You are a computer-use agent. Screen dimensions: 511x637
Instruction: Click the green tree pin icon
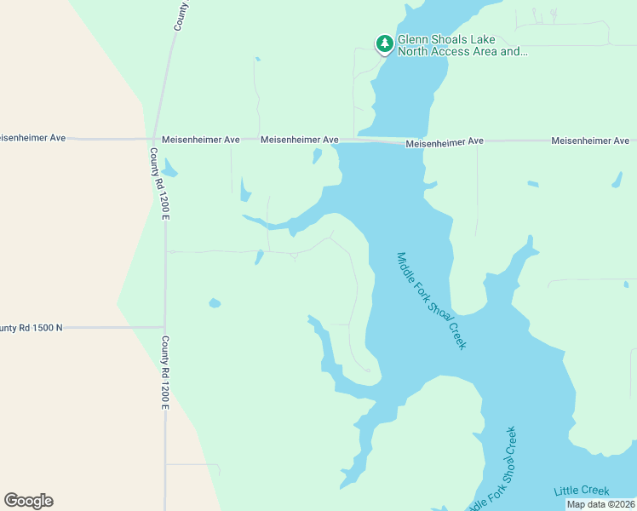click(x=384, y=43)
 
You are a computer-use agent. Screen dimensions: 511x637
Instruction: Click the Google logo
click(x=28, y=501)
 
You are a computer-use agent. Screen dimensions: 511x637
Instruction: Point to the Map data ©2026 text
click(x=600, y=504)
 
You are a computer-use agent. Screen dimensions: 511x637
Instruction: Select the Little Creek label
click(x=582, y=491)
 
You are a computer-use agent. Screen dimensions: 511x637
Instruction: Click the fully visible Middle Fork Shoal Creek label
click(x=432, y=300)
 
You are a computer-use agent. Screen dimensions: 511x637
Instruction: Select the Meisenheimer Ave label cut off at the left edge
click(x=32, y=137)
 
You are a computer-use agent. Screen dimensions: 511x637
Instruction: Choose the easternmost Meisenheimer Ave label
click(x=590, y=140)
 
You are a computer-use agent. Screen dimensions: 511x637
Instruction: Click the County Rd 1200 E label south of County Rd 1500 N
click(x=165, y=371)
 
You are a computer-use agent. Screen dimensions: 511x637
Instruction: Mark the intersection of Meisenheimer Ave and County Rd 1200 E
click(x=153, y=139)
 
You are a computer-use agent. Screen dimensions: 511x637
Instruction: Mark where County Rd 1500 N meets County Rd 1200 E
click(x=164, y=327)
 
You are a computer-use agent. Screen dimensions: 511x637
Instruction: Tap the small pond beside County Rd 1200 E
click(x=169, y=168)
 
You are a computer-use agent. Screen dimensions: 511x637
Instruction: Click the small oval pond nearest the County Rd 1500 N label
click(x=215, y=302)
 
